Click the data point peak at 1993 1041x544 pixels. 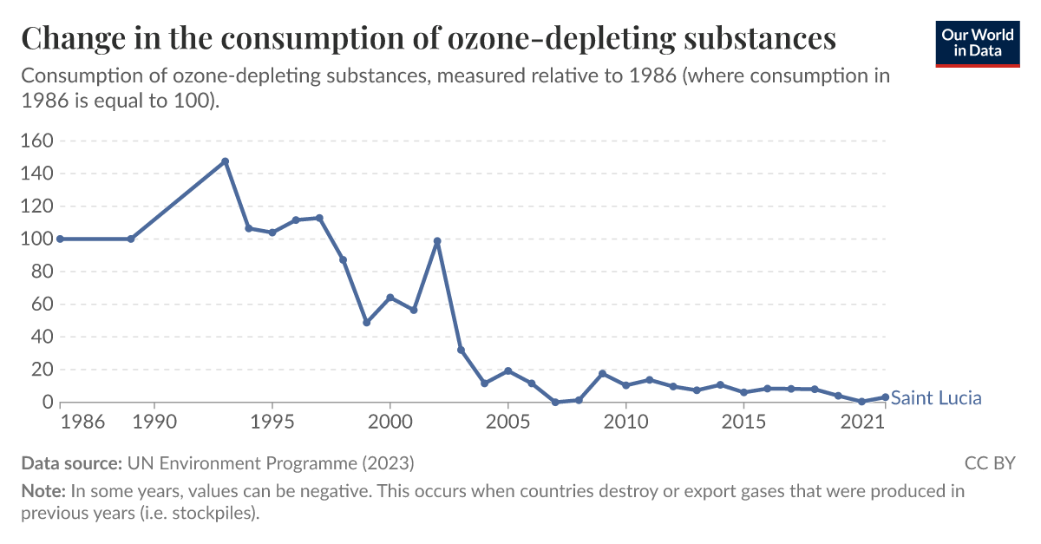click(x=225, y=161)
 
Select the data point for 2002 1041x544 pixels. click(x=437, y=241)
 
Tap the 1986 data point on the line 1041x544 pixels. click(x=60, y=239)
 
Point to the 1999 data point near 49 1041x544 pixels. click(x=366, y=322)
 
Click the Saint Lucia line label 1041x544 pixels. click(x=936, y=398)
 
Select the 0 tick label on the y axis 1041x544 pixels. click(x=48, y=403)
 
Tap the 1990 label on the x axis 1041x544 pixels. click(x=154, y=423)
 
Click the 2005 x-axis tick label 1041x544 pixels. click(x=507, y=423)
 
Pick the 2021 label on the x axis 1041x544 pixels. click(x=862, y=423)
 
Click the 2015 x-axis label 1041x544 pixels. click(x=743, y=423)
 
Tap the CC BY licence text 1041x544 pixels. click(x=989, y=462)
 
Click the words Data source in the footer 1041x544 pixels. click(x=71, y=462)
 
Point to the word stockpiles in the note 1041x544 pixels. click(x=213, y=512)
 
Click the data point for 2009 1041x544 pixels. click(x=602, y=374)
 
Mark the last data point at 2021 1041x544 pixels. click(x=885, y=397)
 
